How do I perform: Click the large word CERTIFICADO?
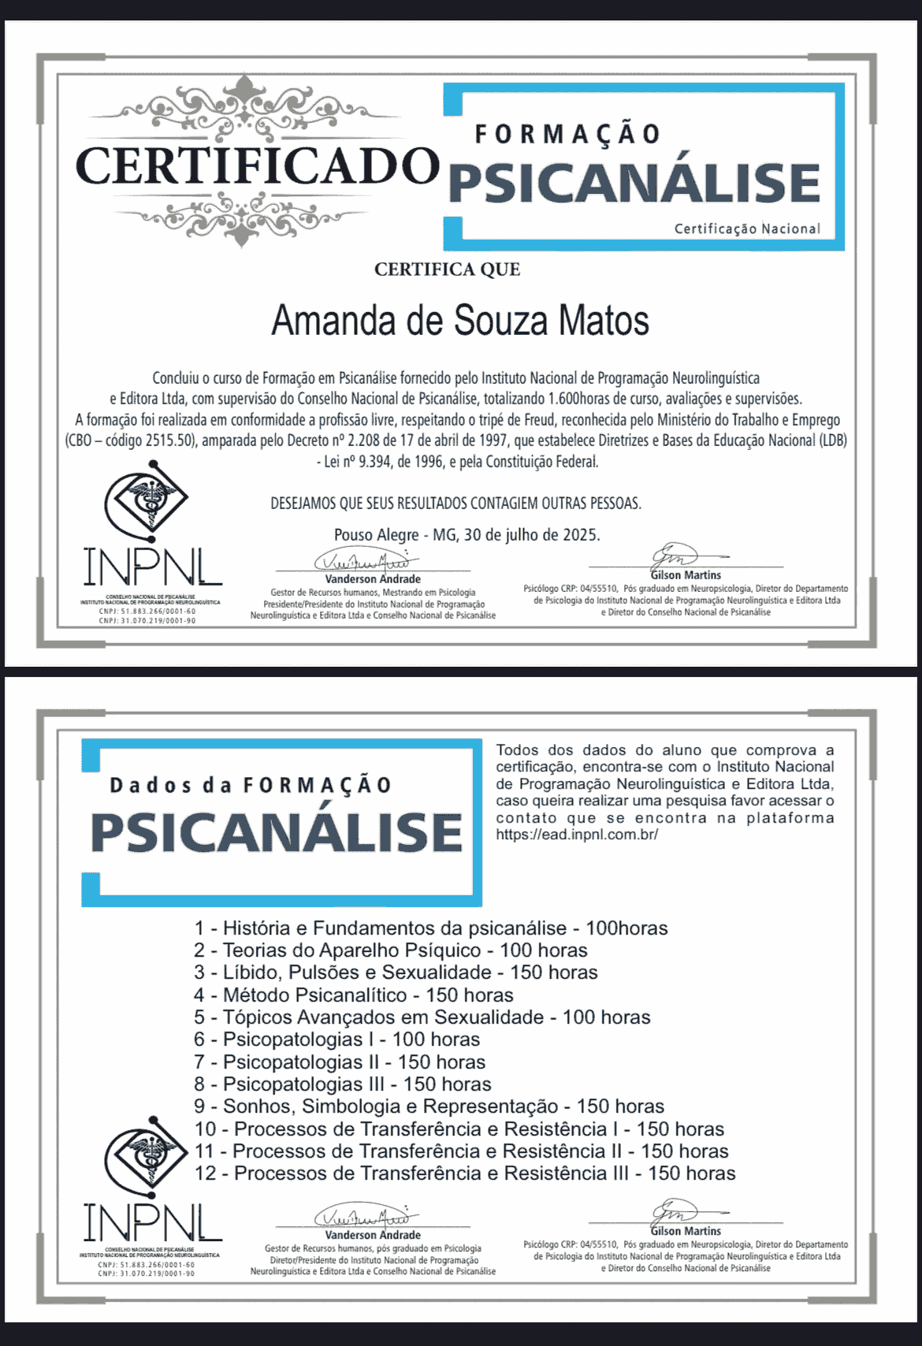(x=257, y=165)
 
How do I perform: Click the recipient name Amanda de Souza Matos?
(x=460, y=321)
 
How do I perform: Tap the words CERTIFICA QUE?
(x=447, y=270)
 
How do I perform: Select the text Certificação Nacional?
(x=746, y=229)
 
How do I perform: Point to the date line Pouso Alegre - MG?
(x=467, y=535)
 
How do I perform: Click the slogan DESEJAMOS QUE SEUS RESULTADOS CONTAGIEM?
(x=455, y=503)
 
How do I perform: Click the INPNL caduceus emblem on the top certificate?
(x=147, y=500)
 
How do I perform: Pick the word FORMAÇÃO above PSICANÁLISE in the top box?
(x=567, y=134)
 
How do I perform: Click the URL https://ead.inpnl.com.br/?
(x=577, y=835)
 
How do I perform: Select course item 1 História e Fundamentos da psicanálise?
(x=430, y=928)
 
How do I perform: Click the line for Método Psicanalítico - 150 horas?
(x=354, y=995)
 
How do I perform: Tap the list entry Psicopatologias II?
(x=340, y=1062)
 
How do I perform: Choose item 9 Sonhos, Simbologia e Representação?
(x=429, y=1106)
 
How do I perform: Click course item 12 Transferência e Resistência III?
(x=465, y=1173)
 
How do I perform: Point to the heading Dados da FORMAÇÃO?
(x=250, y=786)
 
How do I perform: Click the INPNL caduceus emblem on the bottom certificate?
(x=147, y=1154)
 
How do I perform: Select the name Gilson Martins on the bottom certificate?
(x=686, y=1231)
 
